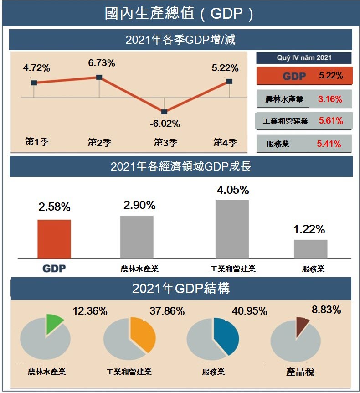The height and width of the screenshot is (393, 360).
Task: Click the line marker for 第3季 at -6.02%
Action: point(165,112)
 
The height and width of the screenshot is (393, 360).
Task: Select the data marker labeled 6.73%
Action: point(99,77)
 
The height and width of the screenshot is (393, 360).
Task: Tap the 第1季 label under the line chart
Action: point(36,142)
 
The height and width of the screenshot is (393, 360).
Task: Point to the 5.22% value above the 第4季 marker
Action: point(225,68)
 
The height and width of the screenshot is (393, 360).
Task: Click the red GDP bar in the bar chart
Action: point(54,239)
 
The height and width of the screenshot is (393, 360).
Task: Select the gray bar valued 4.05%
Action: point(232,229)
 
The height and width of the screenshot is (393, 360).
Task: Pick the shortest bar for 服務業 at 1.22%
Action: point(310,249)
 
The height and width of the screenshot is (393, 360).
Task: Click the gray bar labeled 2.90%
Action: point(137,237)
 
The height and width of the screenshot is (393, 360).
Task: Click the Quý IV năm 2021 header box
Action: point(304,58)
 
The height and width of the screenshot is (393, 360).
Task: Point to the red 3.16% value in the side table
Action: point(330,99)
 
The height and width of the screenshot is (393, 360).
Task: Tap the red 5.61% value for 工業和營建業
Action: point(331,121)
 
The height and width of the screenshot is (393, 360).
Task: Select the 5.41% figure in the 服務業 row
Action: point(329,144)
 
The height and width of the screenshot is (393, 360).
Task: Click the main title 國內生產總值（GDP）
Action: point(180,13)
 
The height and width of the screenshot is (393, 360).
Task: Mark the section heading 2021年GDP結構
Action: point(180,289)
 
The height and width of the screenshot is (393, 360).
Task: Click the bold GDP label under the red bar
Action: point(54,269)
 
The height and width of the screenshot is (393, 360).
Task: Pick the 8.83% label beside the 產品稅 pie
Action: point(326,310)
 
